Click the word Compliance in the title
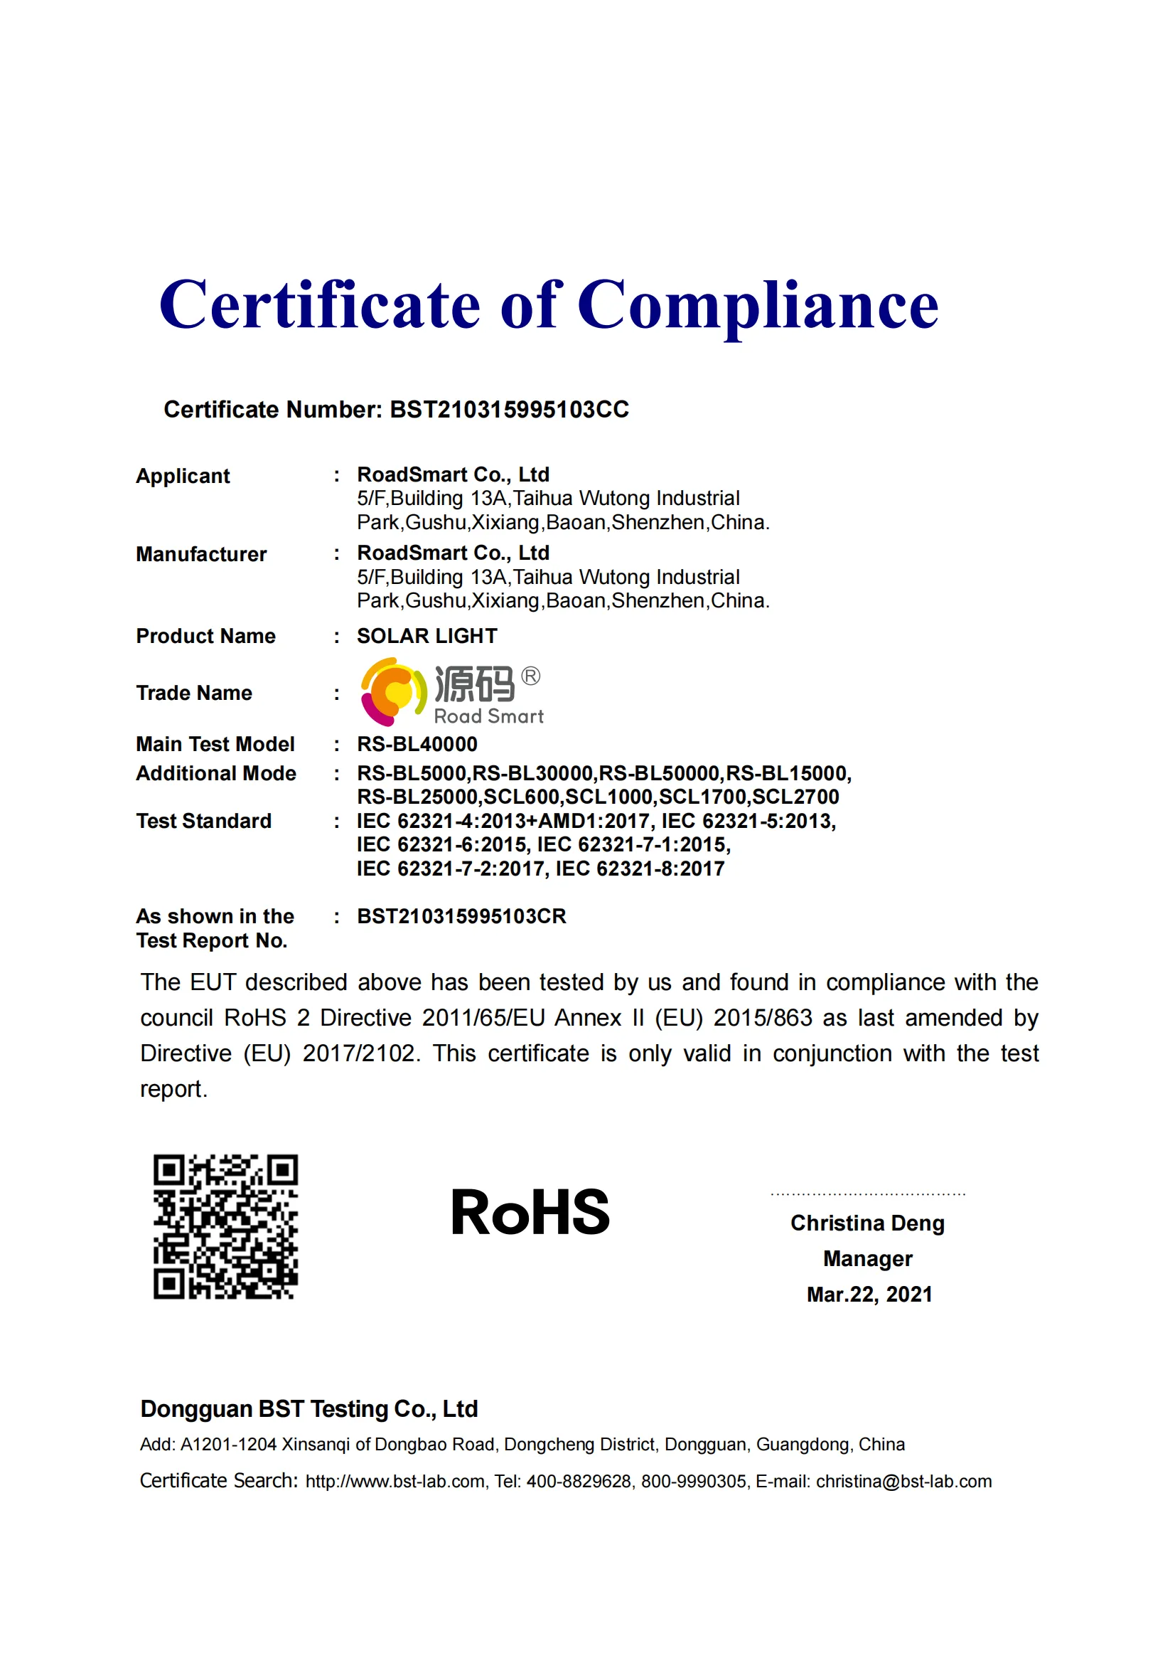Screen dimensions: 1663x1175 click(x=757, y=306)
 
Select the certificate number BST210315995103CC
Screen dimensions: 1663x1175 click(x=509, y=410)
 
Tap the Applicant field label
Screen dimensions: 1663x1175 click(x=183, y=476)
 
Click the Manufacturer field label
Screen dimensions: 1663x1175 click(x=201, y=554)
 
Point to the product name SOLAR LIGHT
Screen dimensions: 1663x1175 click(x=426, y=636)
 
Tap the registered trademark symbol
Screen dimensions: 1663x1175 click(x=531, y=676)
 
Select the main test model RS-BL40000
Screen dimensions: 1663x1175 click(x=417, y=744)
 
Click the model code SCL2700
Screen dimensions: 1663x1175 click(x=795, y=797)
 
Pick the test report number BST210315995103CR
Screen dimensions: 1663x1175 click(x=461, y=916)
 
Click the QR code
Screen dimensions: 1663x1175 click(x=225, y=1226)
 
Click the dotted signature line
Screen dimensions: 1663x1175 click(x=867, y=1194)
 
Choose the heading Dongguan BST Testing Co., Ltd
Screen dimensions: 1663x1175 click(x=309, y=1409)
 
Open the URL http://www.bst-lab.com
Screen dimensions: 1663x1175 click(x=395, y=1481)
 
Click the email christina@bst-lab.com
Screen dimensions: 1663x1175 click(x=903, y=1481)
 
